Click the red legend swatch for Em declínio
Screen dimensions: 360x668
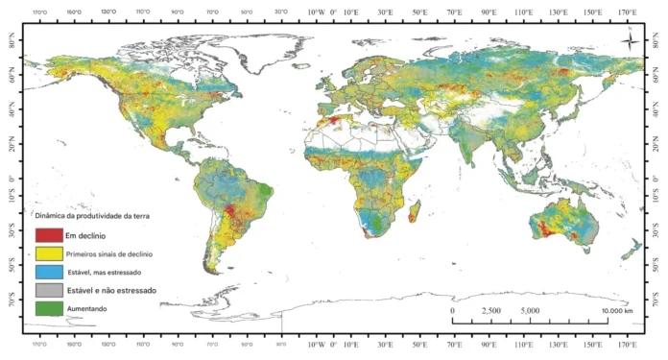click(x=49, y=235)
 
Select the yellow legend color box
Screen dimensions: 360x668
click(x=49, y=253)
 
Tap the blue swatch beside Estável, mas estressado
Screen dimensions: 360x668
click(x=49, y=272)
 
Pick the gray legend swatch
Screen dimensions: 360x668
click(x=49, y=290)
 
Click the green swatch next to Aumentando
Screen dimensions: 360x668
click(x=49, y=308)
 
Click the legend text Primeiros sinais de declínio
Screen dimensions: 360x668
click(x=110, y=253)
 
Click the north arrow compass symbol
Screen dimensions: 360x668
click(x=629, y=41)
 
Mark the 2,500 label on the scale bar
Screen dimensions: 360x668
click(x=489, y=311)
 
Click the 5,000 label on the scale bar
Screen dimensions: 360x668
click(x=530, y=311)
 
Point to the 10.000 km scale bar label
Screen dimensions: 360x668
click(x=615, y=311)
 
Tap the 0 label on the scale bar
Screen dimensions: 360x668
click(x=452, y=311)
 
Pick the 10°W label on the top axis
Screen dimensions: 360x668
click(x=316, y=12)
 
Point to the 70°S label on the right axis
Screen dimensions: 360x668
click(x=655, y=301)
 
